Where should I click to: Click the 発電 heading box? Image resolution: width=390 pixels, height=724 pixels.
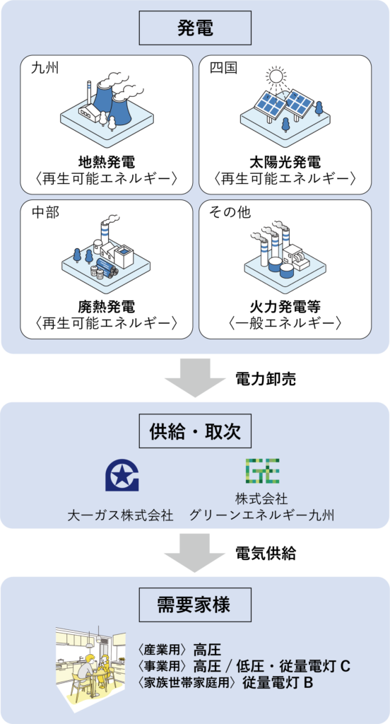pyautogui.click(x=195, y=28)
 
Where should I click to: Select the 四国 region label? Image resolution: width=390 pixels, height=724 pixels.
pyautogui.click(x=223, y=69)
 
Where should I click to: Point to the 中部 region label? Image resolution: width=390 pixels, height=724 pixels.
pyautogui.click(x=45, y=212)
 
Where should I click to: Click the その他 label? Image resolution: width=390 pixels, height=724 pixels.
pyautogui.click(x=230, y=212)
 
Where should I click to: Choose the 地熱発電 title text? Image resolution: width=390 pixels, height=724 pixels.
pyautogui.click(x=106, y=162)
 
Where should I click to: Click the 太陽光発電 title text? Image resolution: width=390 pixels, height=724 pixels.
pyautogui.click(x=285, y=162)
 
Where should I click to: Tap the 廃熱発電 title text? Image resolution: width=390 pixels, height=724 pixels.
pyautogui.click(x=106, y=306)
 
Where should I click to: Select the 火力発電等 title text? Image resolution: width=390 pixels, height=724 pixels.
pyautogui.click(x=285, y=306)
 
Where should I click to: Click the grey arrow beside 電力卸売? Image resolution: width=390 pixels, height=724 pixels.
pyautogui.click(x=195, y=378)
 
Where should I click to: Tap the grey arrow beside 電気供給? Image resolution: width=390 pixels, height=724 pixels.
pyautogui.click(x=195, y=551)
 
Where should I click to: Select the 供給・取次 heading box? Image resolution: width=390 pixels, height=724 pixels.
pyautogui.click(x=195, y=431)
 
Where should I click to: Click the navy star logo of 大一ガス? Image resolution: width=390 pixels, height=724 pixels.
pyautogui.click(x=123, y=474)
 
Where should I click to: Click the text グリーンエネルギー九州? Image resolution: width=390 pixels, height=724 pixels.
pyautogui.click(x=261, y=515)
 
